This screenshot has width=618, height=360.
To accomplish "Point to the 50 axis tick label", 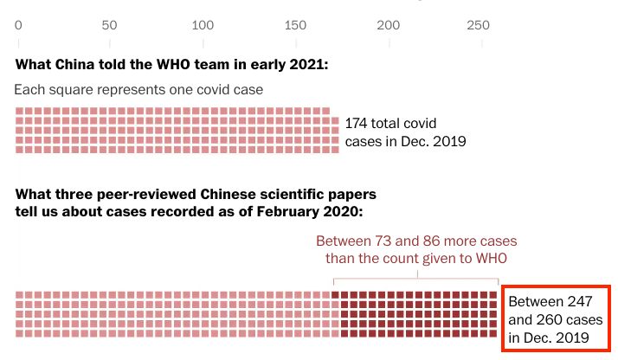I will click(110, 24).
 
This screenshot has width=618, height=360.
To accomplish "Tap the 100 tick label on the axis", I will click(203, 24).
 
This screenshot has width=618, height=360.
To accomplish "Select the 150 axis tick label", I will click(295, 24).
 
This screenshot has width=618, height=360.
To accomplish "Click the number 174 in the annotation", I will click(357, 123).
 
